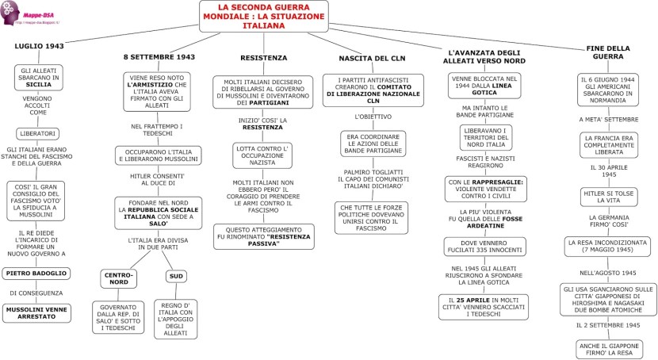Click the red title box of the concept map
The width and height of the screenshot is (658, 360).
pos(262,16)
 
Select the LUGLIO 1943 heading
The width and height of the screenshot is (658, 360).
pos(39,47)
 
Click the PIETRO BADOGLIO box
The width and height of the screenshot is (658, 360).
pos(36,274)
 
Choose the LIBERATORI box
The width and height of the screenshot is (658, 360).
pos(38,132)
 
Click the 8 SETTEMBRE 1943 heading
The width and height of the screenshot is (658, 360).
pos(159,57)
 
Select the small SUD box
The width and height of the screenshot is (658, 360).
pos(176,276)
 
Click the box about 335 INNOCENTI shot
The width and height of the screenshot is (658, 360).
pos(484,247)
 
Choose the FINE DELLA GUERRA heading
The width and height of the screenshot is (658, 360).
pos(607,52)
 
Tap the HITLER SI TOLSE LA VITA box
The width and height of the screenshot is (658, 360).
pos(607,196)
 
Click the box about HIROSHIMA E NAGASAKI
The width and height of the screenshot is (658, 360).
pos(609,300)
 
